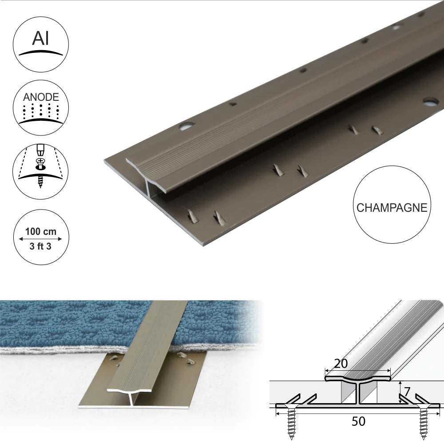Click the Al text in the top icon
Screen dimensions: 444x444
click(40, 39)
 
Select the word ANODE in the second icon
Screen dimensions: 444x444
click(40, 96)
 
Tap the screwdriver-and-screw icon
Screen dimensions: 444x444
click(40, 166)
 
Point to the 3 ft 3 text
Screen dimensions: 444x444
click(40, 246)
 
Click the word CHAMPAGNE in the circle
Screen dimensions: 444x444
click(391, 208)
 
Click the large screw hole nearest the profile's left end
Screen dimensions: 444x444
click(187, 127)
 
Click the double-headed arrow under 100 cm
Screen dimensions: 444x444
click(40, 239)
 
